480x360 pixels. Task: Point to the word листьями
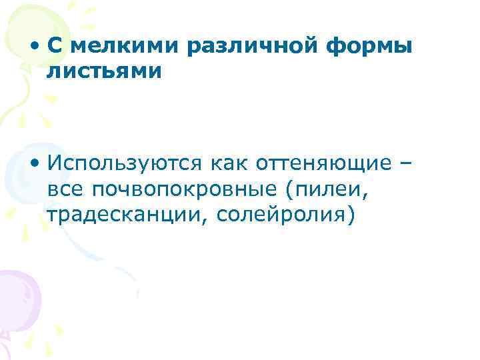(x=105, y=71)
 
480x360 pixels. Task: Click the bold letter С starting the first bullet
(x=55, y=47)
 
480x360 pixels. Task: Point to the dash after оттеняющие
(x=407, y=163)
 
